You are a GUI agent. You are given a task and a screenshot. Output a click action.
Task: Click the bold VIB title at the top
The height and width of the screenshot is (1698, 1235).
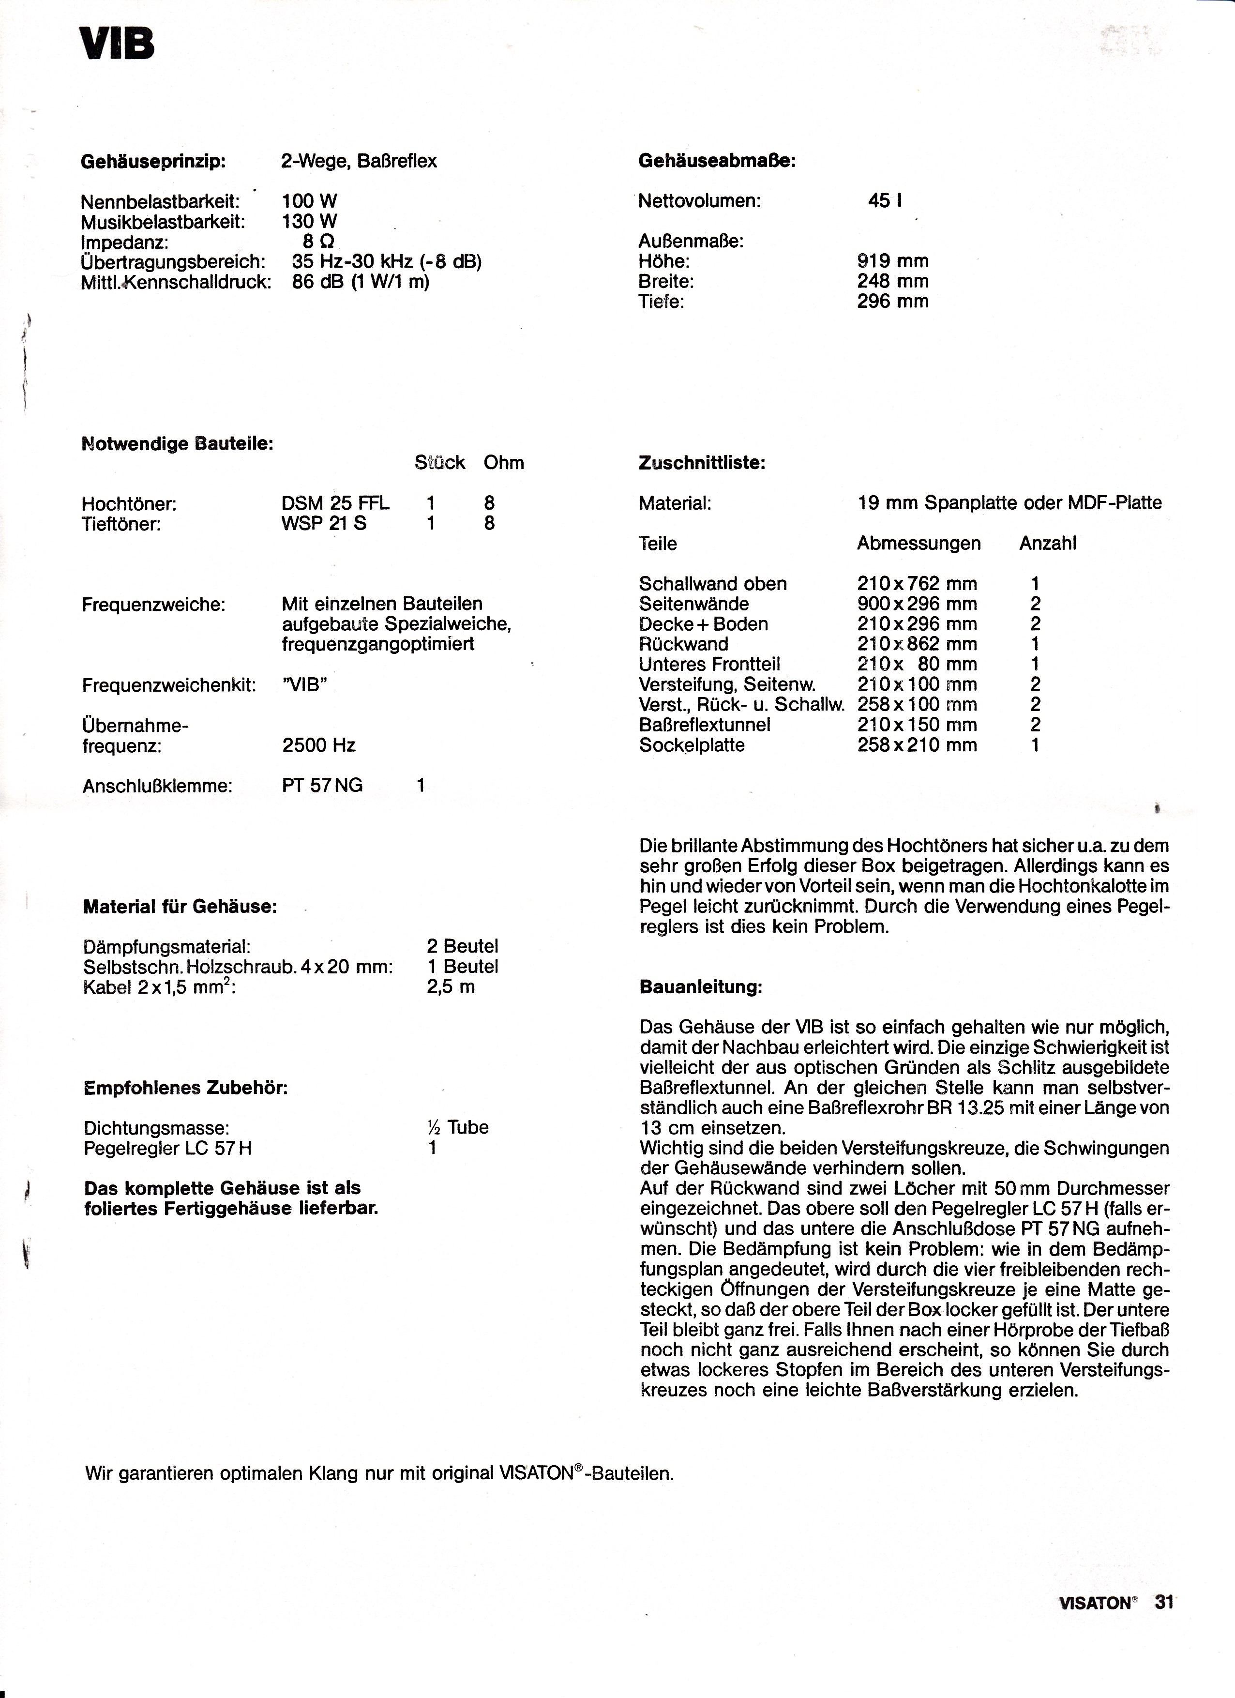coord(118,45)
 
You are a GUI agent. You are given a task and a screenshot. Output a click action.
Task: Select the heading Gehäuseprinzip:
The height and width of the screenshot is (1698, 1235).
coord(153,161)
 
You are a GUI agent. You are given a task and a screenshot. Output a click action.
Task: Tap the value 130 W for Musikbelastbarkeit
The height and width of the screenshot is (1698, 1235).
coord(310,222)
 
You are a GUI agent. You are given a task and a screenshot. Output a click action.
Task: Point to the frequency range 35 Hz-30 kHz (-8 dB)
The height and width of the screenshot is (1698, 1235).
coord(386,262)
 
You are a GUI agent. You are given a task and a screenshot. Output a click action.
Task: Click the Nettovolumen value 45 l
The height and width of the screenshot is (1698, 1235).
coord(885,201)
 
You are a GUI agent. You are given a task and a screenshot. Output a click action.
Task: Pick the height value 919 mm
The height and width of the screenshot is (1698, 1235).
coord(892,261)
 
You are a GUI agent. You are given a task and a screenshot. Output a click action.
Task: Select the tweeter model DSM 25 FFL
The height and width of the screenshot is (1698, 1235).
coord(335,503)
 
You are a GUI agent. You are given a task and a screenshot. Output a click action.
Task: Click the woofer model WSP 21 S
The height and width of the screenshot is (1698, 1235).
coord(324,523)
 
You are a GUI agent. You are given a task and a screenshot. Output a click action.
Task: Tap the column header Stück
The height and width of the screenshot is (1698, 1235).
coord(439,463)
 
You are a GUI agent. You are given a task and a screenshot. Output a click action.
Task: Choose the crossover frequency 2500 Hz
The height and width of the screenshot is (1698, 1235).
coord(319,746)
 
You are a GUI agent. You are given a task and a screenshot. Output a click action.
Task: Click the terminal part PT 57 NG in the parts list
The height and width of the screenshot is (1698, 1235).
coord(322,786)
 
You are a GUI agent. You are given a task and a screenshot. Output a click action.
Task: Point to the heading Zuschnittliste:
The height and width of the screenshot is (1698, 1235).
coord(701,463)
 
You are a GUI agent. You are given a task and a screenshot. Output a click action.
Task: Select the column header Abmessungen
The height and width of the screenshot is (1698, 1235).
coord(919,544)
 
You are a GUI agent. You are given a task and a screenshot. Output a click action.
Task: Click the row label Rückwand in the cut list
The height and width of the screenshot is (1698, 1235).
coord(683,645)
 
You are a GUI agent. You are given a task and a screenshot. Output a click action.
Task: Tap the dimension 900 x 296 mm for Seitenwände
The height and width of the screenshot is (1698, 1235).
coord(917,604)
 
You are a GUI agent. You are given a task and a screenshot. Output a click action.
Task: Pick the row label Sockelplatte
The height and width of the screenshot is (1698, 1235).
coord(692,746)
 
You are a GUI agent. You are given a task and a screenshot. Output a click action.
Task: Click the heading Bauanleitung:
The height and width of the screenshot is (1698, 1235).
coord(701,987)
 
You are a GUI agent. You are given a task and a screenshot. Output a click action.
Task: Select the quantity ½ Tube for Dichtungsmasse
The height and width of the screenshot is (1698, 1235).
coord(457,1127)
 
